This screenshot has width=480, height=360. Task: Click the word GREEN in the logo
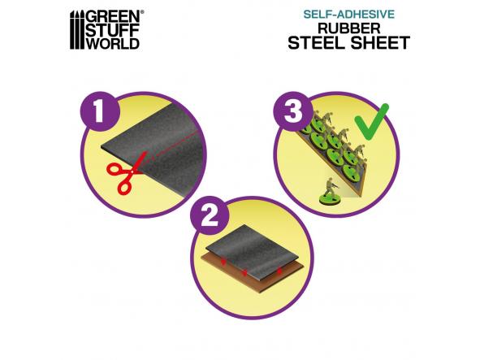point(113,16)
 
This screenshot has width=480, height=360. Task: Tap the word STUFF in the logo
point(112,30)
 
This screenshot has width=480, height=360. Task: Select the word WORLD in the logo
point(112,43)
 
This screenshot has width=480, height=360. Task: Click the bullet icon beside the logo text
point(77,30)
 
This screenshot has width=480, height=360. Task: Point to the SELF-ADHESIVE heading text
point(349,15)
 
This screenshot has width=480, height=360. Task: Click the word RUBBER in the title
point(349,28)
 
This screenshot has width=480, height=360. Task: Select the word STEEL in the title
point(318,42)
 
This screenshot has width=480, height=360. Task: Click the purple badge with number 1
point(99,111)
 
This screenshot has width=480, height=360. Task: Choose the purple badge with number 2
point(210,215)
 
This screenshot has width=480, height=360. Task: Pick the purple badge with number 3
point(292,111)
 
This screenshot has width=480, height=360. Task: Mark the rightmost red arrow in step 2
point(279,271)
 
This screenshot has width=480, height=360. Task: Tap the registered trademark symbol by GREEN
point(142,12)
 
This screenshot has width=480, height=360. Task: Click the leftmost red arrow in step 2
point(223,262)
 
